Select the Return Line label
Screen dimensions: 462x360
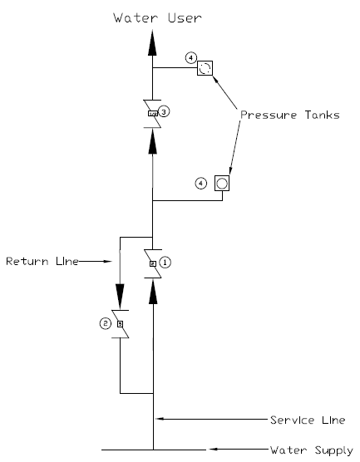(42, 261)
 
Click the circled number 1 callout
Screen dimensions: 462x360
(165, 262)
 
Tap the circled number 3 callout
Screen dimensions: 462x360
(165, 111)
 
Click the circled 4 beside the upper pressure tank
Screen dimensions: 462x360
(191, 58)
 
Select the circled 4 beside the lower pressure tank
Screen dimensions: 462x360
(200, 182)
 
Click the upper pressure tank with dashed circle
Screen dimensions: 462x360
(205, 68)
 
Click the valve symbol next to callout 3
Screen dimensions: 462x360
(153, 112)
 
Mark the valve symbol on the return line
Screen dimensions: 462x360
(121, 323)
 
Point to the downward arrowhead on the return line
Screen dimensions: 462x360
(121, 293)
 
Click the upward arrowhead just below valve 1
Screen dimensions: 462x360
(153, 292)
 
